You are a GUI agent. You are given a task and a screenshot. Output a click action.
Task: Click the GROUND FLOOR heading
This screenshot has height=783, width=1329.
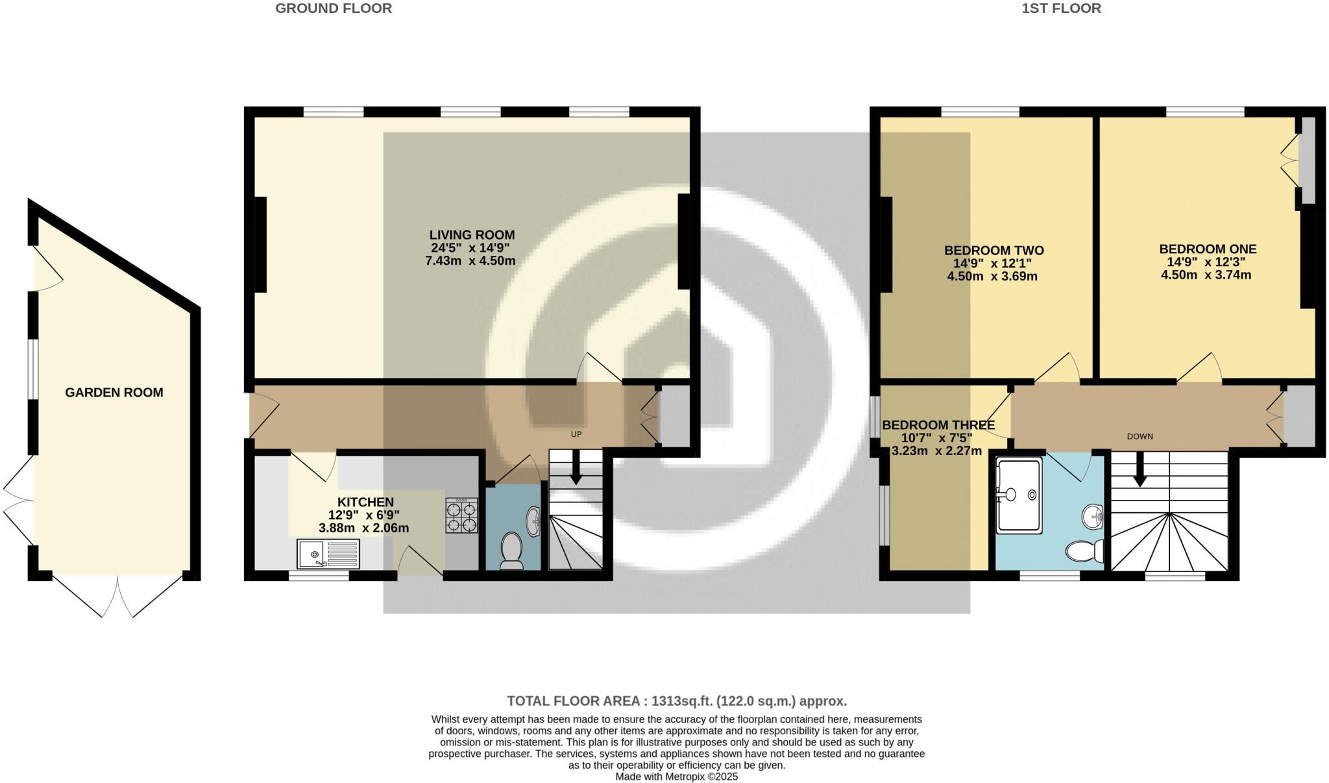[x=334, y=8]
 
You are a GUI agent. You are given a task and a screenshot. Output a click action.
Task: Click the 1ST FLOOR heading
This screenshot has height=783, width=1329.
[x=1061, y=8]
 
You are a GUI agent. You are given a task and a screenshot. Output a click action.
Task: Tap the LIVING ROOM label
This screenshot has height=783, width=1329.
[x=472, y=235]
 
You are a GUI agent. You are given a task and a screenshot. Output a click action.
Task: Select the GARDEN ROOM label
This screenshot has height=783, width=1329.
[x=114, y=392]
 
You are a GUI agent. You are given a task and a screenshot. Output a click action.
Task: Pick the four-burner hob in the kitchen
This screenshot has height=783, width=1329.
[x=461, y=516]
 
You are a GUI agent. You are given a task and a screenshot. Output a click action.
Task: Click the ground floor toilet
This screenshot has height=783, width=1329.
[x=512, y=551]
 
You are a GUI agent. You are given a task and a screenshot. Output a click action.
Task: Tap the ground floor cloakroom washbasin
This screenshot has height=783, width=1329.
[x=534, y=521]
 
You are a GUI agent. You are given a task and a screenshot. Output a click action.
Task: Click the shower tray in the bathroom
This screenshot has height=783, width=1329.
[x=1019, y=496]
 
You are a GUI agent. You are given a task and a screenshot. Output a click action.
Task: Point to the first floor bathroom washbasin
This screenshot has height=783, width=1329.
[x=1093, y=517]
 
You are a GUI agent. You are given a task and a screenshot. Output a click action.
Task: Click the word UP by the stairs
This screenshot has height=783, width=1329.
[x=576, y=434]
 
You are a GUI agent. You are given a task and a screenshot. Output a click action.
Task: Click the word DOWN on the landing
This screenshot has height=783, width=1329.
[x=1140, y=436]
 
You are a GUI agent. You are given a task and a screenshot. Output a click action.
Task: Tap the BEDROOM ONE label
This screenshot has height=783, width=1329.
[x=1208, y=249]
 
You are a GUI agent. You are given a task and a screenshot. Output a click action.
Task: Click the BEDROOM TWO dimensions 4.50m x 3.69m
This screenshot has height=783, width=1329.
[x=992, y=277]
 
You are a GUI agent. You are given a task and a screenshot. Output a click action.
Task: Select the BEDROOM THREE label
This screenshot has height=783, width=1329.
[x=938, y=425]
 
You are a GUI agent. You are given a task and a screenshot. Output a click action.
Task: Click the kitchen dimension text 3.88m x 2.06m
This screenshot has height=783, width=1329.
[x=363, y=528]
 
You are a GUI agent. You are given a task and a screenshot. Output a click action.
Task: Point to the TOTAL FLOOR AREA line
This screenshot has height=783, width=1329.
[x=676, y=701]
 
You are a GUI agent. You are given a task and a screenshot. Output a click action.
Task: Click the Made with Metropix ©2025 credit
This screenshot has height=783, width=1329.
[x=676, y=777]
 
